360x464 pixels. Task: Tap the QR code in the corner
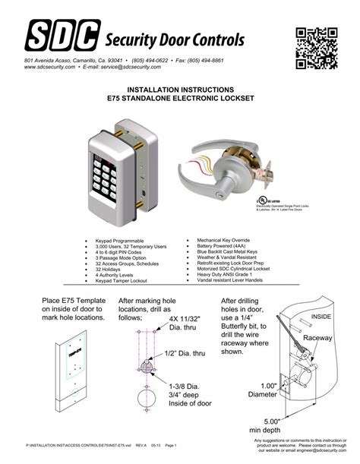[316, 46]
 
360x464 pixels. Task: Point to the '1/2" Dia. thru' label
[185, 354]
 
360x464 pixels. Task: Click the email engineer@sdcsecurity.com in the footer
[318, 450]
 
